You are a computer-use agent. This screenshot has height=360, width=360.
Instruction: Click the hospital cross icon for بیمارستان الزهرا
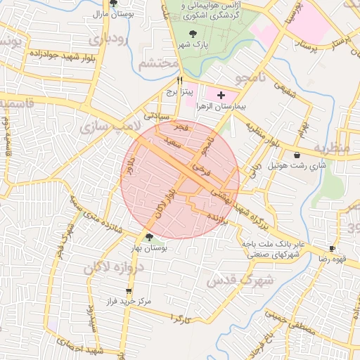coord(221,94)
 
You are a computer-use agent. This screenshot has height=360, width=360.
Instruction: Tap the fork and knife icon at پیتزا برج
coord(180,80)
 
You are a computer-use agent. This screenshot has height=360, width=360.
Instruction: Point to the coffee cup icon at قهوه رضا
coord(332,249)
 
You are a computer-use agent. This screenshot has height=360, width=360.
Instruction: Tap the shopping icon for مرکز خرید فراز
coord(128,291)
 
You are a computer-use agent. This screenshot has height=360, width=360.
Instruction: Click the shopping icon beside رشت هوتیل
coord(297,154)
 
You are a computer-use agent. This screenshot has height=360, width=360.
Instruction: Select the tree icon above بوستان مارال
coord(113,4)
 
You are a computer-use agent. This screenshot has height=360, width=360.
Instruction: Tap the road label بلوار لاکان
coord(163,203)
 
